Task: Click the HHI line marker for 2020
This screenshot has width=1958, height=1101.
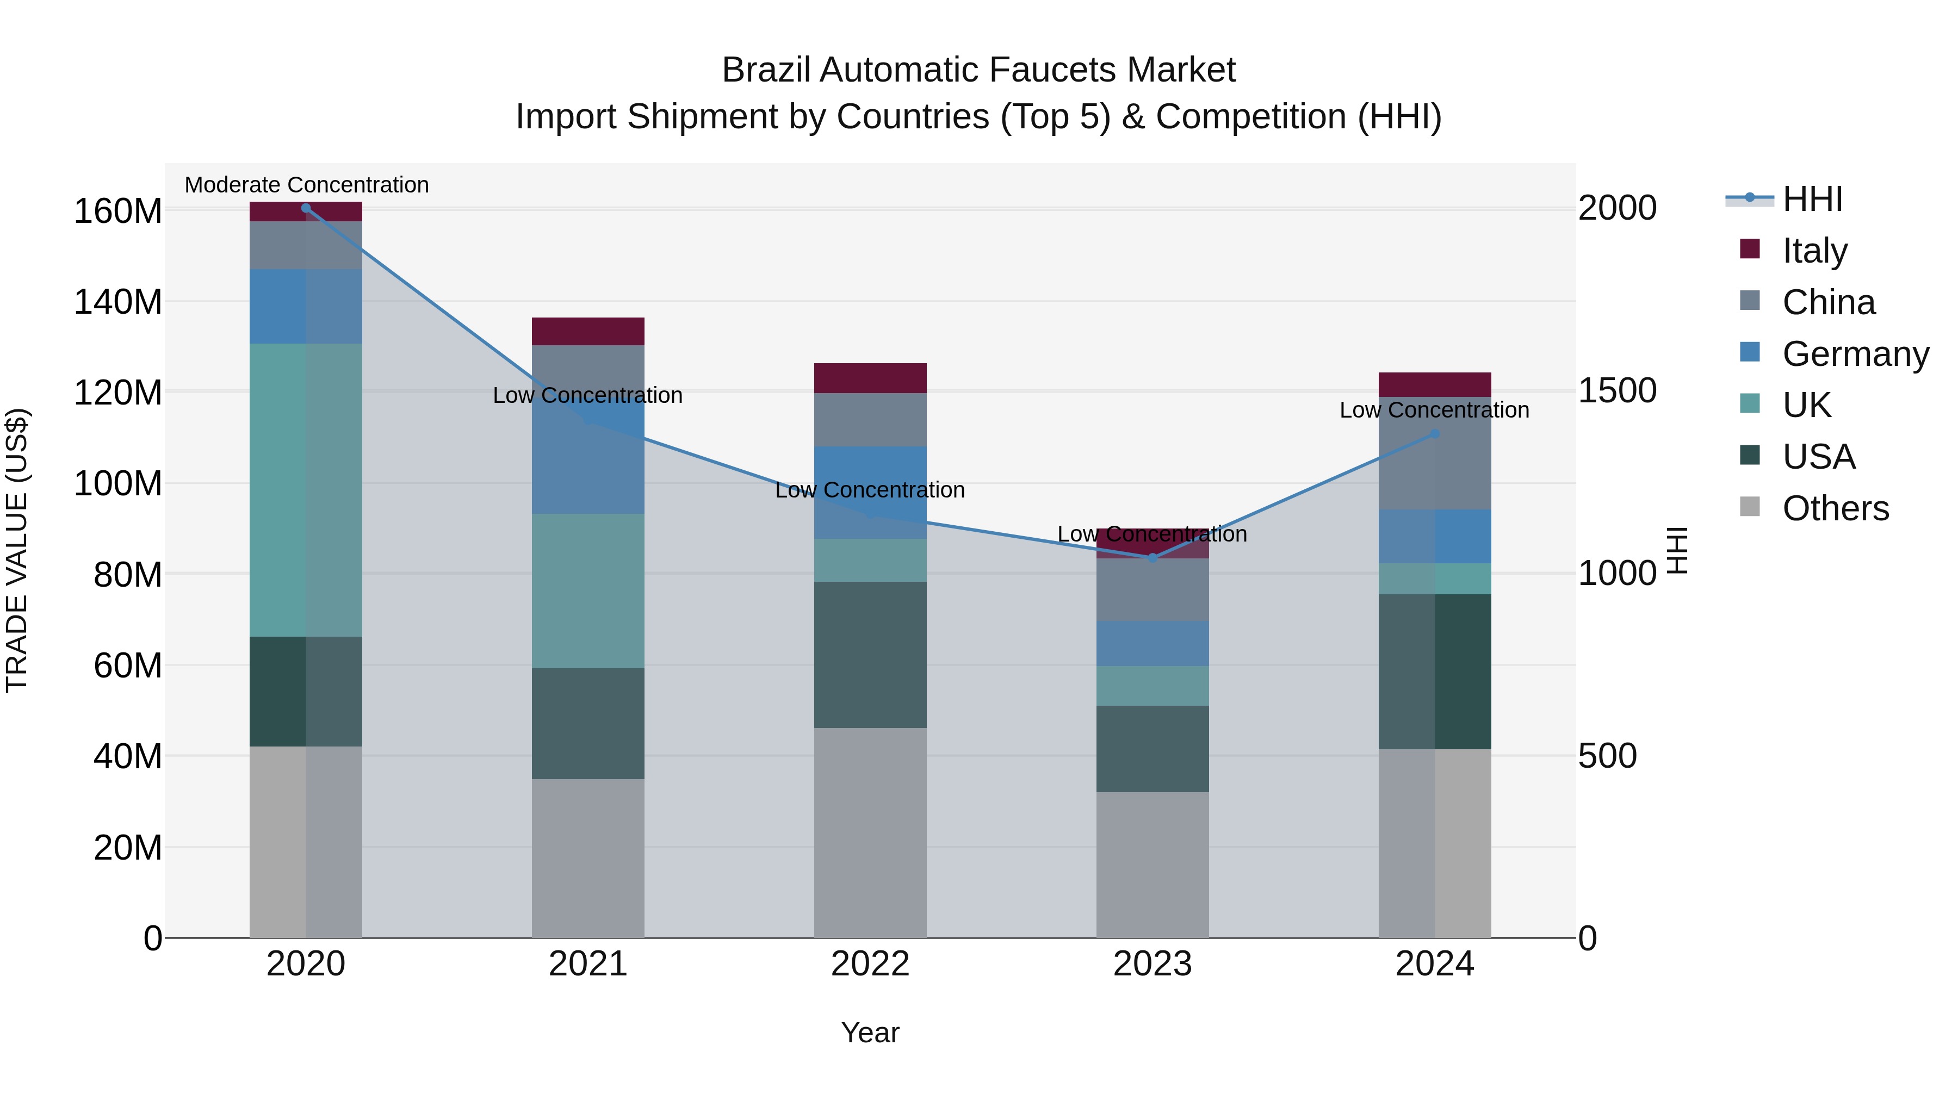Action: tap(306, 208)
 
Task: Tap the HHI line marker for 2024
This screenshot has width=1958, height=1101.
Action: tap(1434, 434)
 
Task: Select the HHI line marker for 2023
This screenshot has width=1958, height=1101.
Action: tap(1153, 558)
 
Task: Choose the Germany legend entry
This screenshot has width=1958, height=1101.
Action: tap(1855, 354)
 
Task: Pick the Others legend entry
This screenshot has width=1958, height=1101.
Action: tap(1835, 508)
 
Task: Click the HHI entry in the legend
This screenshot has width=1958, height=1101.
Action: tap(1812, 199)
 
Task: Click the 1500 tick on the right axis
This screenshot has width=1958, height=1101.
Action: tap(1618, 390)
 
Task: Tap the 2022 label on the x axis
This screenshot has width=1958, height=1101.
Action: tap(870, 964)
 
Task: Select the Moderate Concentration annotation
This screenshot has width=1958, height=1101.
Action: tap(306, 185)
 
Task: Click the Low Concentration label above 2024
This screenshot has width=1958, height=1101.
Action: tap(1434, 410)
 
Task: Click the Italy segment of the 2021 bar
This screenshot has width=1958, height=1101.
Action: tap(587, 331)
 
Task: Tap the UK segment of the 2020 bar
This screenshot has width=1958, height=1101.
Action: tap(306, 490)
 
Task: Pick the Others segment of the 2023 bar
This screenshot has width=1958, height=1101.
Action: tap(1153, 864)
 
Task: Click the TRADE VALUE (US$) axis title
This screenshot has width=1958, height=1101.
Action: tap(17, 550)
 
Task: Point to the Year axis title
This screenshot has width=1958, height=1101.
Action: tap(870, 1032)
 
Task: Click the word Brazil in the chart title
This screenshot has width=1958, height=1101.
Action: tap(767, 71)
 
